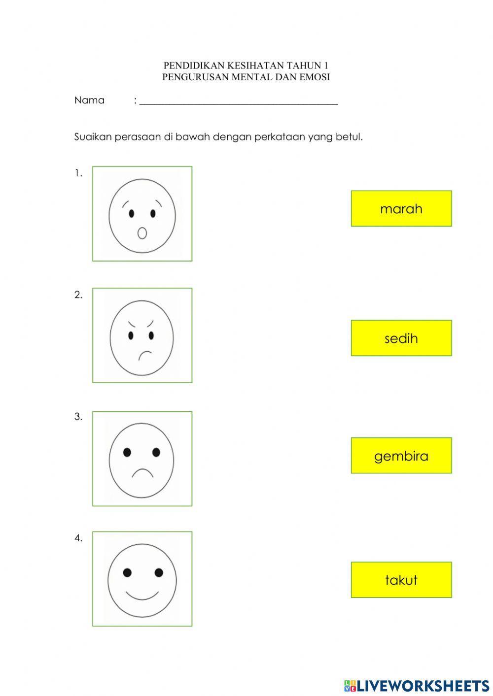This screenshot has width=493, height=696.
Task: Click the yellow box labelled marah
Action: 401,208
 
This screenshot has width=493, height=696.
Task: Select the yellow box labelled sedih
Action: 401,338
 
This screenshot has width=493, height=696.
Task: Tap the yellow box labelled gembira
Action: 401,456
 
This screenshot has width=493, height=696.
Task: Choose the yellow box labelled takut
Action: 401,580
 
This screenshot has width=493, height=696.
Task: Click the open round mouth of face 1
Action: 142,232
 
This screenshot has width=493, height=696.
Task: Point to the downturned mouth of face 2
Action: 145,355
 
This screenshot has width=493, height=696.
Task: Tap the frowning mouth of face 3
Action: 142,473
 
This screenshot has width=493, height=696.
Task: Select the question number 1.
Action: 78,173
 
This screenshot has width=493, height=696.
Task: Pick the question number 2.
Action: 78,295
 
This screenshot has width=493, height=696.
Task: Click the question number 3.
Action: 78,417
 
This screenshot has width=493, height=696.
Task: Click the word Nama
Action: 89,100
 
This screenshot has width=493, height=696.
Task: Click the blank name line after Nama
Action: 239,102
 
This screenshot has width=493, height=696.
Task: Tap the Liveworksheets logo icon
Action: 350,685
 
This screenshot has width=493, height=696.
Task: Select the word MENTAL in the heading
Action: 249,77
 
